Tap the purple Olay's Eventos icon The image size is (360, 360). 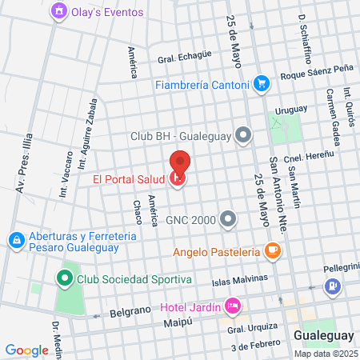[58, 12]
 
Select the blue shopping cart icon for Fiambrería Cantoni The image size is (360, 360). [261, 83]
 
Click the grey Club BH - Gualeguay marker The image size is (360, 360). [244, 135]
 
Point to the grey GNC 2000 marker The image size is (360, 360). [230, 218]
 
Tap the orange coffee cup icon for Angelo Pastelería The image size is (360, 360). [273, 251]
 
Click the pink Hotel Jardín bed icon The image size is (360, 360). [233, 306]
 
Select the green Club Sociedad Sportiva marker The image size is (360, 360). [65, 279]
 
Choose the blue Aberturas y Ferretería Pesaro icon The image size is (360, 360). [16, 240]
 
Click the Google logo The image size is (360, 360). [26, 350]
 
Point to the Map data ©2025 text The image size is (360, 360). [325, 354]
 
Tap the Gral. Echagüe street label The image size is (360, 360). [185, 56]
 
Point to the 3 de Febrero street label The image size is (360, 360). [255, 346]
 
